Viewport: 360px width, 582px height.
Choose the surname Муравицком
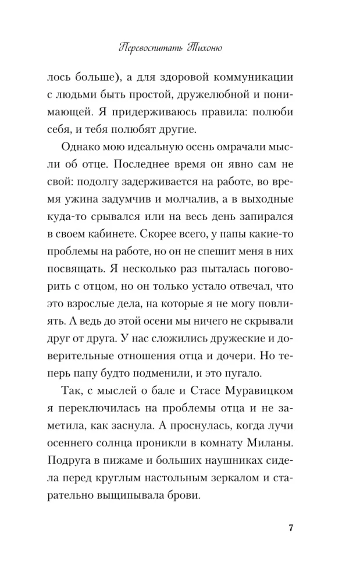(259, 392)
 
